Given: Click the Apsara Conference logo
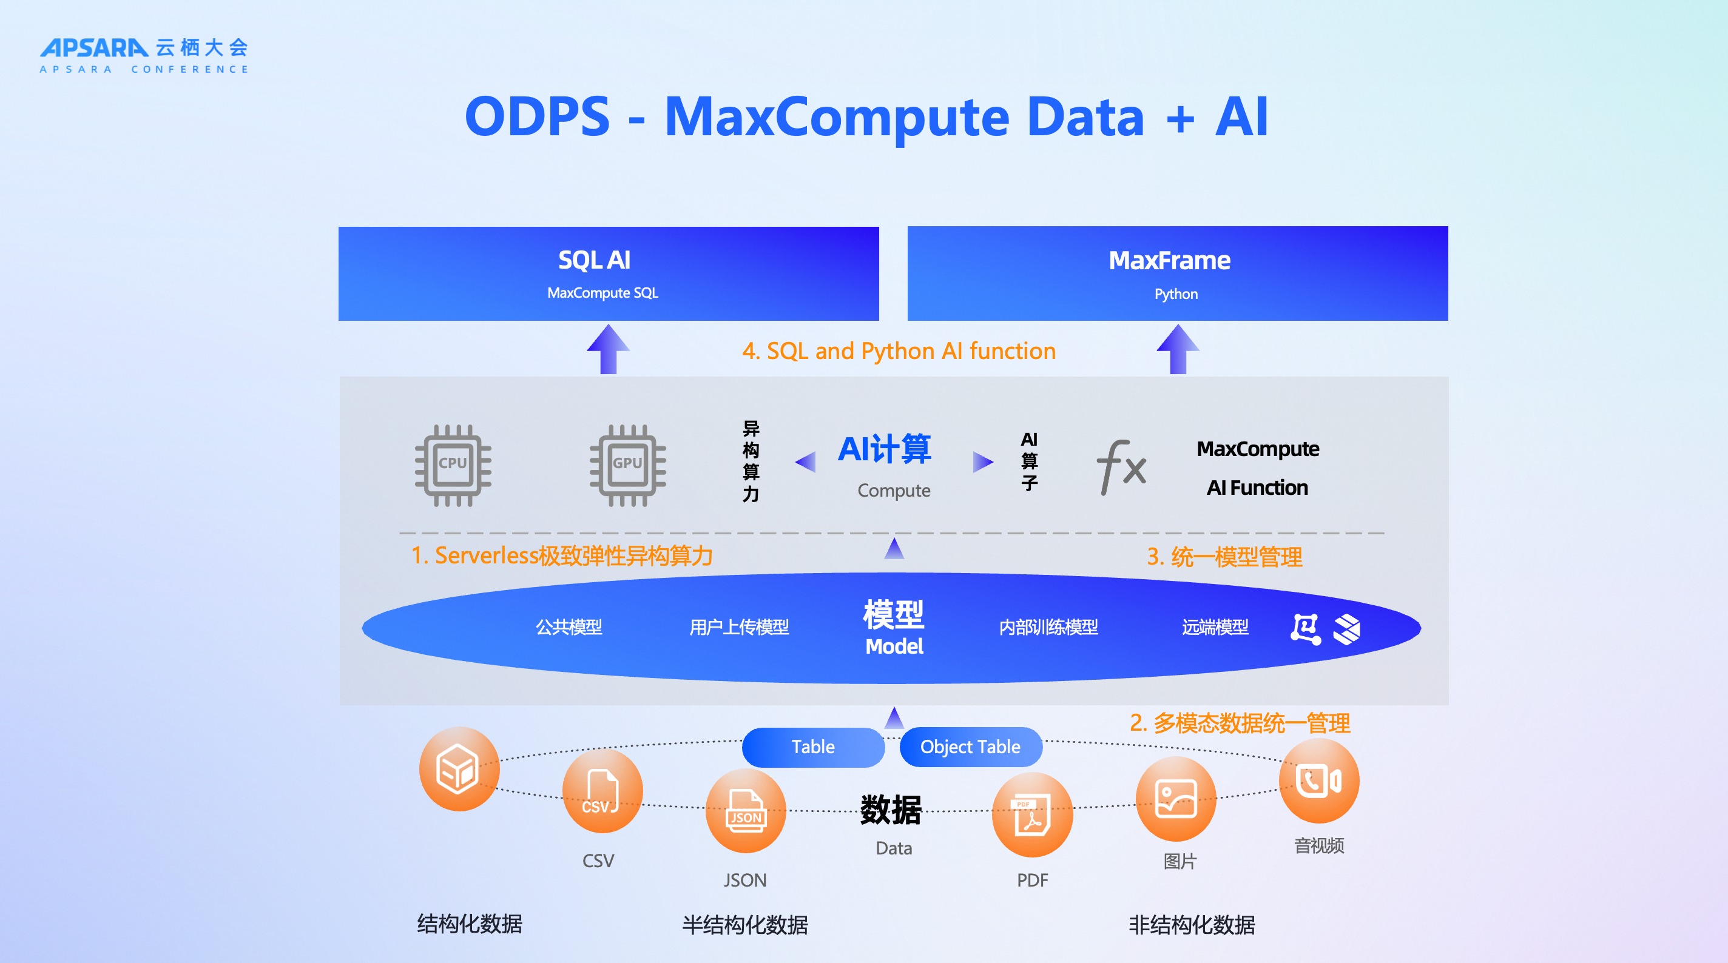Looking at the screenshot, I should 144,56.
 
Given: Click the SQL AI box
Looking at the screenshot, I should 609,273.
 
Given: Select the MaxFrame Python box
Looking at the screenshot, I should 1177,273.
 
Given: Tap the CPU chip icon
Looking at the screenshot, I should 453,465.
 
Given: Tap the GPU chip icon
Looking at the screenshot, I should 627,465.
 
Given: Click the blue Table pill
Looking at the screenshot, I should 813,747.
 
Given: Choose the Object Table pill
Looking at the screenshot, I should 970,747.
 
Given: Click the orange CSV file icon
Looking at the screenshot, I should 602,791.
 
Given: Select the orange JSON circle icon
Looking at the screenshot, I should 746,811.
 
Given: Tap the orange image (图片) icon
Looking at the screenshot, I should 1176,799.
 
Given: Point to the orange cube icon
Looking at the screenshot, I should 459,769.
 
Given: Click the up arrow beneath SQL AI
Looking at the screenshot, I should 609,349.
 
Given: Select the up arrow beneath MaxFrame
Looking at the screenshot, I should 1177,349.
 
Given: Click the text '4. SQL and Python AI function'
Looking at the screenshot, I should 899,351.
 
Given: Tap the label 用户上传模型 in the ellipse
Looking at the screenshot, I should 739,627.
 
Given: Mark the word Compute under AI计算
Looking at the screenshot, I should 894,490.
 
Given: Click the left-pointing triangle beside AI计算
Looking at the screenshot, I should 806,461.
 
